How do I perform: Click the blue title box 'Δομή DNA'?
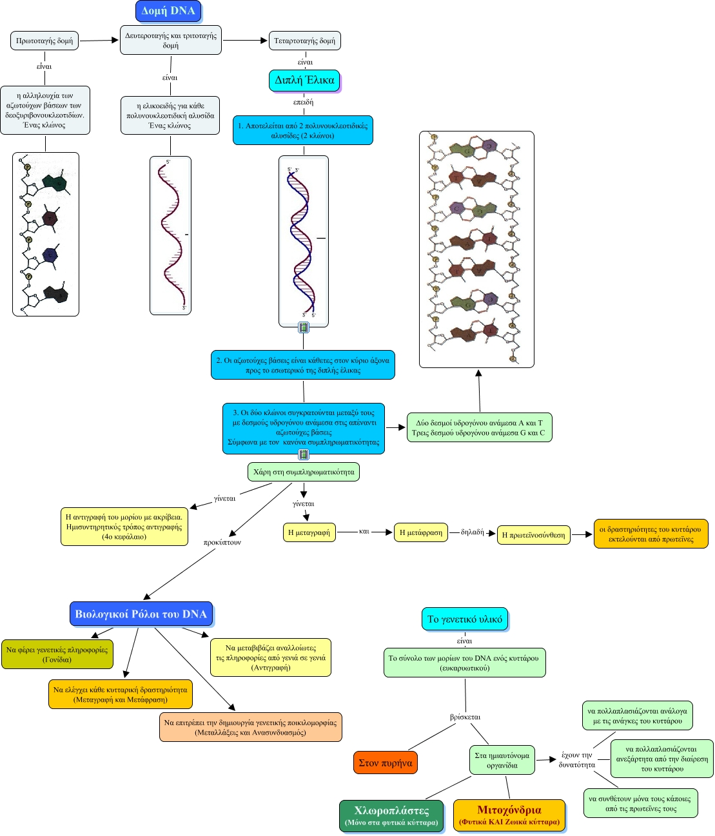click(168, 11)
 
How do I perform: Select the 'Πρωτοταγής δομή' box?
click(44, 41)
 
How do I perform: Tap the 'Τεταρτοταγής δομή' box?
click(304, 41)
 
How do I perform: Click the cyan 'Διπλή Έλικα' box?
click(304, 80)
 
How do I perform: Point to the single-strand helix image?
click(171, 235)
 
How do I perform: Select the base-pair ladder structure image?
click(476, 249)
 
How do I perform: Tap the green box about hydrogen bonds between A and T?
click(479, 428)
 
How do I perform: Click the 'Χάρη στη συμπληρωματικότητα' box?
click(304, 472)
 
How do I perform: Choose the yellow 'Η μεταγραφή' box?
click(309, 532)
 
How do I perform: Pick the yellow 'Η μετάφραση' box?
click(421, 532)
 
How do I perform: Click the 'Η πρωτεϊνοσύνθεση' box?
click(533, 535)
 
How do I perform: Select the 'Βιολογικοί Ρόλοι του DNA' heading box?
click(141, 614)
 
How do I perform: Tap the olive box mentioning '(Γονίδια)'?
click(57, 655)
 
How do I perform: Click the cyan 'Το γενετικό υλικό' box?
click(465, 619)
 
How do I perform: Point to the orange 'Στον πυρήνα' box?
click(385, 763)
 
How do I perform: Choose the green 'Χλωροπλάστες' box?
click(391, 815)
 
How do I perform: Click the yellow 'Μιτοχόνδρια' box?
click(509, 815)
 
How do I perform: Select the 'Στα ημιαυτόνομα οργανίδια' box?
click(502, 761)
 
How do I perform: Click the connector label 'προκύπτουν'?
click(222, 543)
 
